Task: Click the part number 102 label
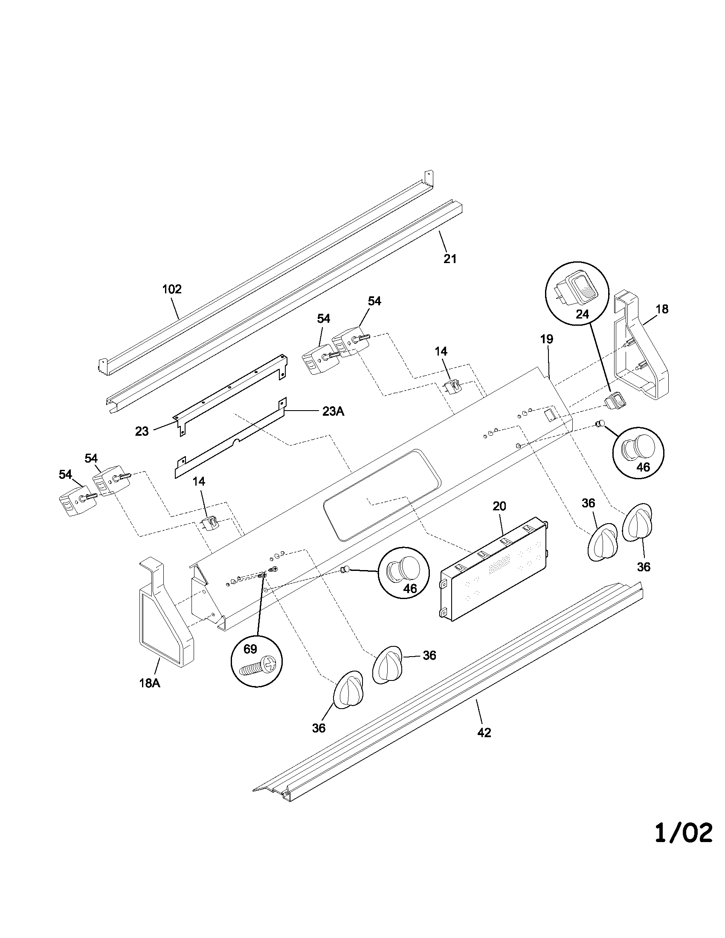(172, 290)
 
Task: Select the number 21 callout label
(449, 259)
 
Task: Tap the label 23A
(333, 411)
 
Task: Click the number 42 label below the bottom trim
(484, 732)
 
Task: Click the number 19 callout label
(547, 339)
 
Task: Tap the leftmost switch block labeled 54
(71, 503)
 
